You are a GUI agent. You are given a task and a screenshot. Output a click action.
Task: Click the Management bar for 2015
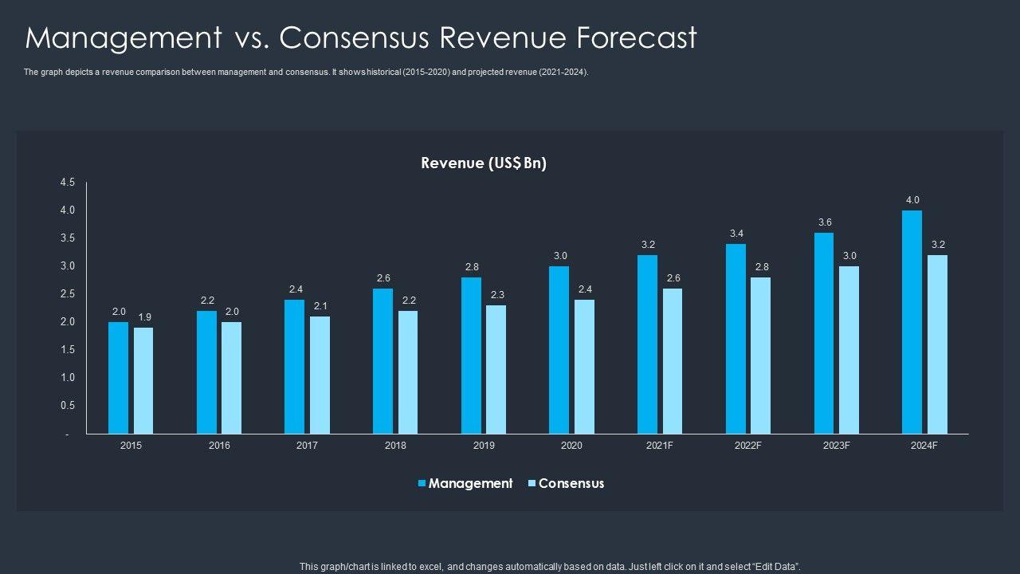click(118, 378)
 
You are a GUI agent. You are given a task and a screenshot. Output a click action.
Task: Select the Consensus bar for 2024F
click(937, 344)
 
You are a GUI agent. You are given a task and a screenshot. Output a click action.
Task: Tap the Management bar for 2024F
click(912, 322)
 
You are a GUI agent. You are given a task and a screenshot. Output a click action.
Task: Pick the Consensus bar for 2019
click(496, 370)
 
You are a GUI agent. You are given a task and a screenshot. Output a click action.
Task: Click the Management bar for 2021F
click(647, 344)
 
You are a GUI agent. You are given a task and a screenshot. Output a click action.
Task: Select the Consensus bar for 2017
click(320, 375)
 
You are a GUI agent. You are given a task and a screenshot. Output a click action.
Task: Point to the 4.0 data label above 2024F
click(912, 200)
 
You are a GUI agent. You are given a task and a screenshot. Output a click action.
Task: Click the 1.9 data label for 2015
click(144, 317)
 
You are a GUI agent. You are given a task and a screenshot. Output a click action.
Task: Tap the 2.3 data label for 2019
click(496, 295)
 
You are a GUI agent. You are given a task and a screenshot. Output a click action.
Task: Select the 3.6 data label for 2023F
click(825, 222)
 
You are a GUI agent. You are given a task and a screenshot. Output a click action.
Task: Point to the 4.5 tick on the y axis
click(68, 183)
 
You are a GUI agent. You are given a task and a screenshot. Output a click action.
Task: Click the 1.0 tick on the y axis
click(68, 378)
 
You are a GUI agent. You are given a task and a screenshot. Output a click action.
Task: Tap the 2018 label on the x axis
click(395, 446)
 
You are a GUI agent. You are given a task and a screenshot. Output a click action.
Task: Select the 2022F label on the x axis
click(747, 446)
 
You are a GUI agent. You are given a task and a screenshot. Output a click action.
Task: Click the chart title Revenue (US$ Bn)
click(484, 163)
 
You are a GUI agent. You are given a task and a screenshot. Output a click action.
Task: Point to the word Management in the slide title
click(124, 37)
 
